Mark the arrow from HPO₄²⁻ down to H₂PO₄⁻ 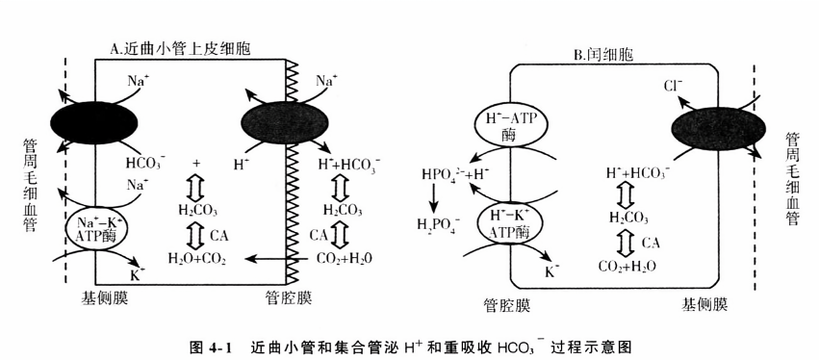436,200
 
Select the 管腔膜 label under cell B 508,305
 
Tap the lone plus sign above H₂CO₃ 196,163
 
